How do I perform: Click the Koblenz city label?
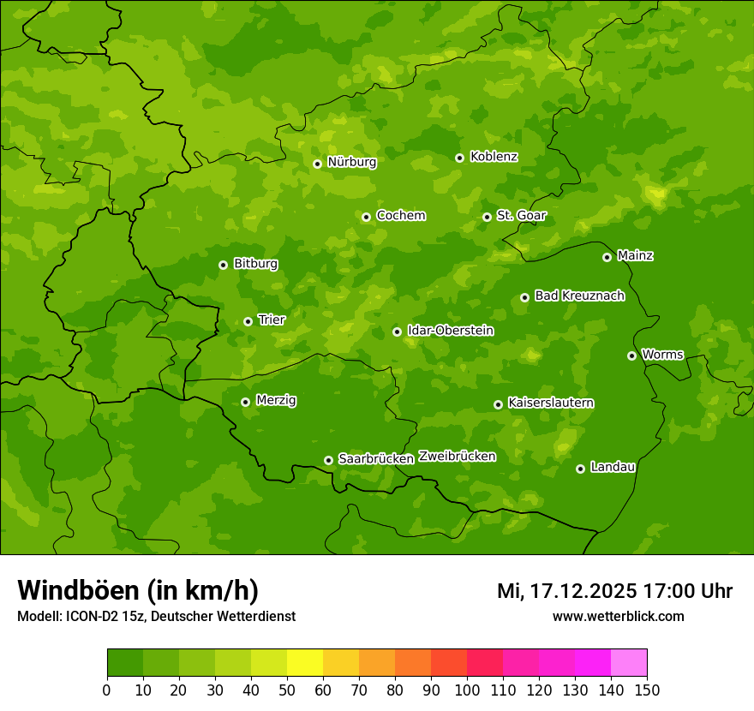click(x=494, y=157)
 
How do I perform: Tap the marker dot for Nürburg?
click(x=317, y=164)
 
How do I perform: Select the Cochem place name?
click(x=400, y=216)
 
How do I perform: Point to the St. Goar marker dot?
click(x=487, y=217)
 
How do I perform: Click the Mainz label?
click(x=635, y=256)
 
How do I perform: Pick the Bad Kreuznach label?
click(x=579, y=296)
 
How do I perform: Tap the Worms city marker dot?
click(x=631, y=355)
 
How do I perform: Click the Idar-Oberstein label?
click(x=450, y=331)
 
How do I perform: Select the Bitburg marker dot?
click(x=223, y=265)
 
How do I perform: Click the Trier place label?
click(x=272, y=320)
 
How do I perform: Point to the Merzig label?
click(x=276, y=401)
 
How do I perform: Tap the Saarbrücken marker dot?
click(x=328, y=460)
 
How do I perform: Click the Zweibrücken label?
click(x=457, y=457)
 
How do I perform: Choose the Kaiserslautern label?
click(x=551, y=403)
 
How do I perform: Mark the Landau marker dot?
click(x=580, y=469)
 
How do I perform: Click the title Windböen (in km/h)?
click(x=138, y=591)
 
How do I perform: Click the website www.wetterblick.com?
click(x=618, y=616)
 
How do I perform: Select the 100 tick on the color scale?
click(x=467, y=690)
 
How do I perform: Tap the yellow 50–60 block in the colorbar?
click(x=305, y=663)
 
